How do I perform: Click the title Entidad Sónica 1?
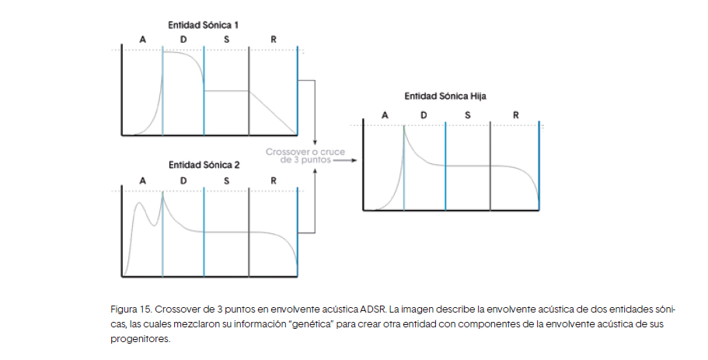point(204,26)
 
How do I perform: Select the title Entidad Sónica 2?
point(204,165)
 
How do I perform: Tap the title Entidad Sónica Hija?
point(446,96)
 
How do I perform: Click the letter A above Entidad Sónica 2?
point(142,180)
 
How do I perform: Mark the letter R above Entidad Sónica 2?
point(274,180)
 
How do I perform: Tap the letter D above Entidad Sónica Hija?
point(424,115)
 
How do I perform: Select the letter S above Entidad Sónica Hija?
point(467,115)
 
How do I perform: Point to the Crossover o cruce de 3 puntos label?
point(299,156)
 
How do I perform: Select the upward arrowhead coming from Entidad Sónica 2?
point(314,173)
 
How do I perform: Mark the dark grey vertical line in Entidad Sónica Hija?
point(490,167)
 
